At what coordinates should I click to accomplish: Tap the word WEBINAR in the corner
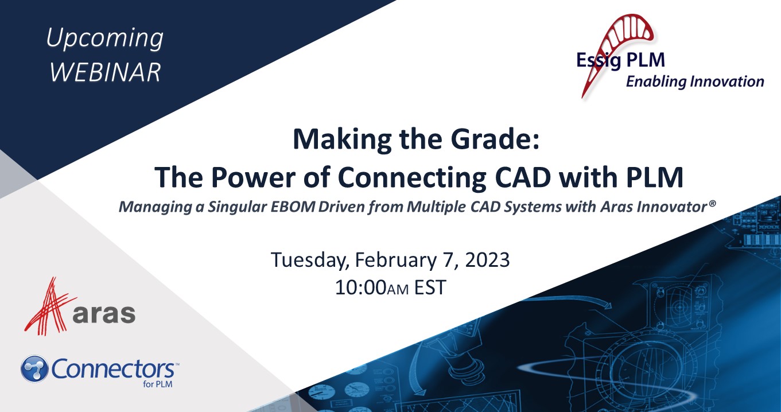coord(104,73)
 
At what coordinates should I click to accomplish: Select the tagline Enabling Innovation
coord(694,81)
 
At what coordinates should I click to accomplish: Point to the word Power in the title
coord(247,178)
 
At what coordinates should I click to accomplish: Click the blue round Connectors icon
coord(34,369)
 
